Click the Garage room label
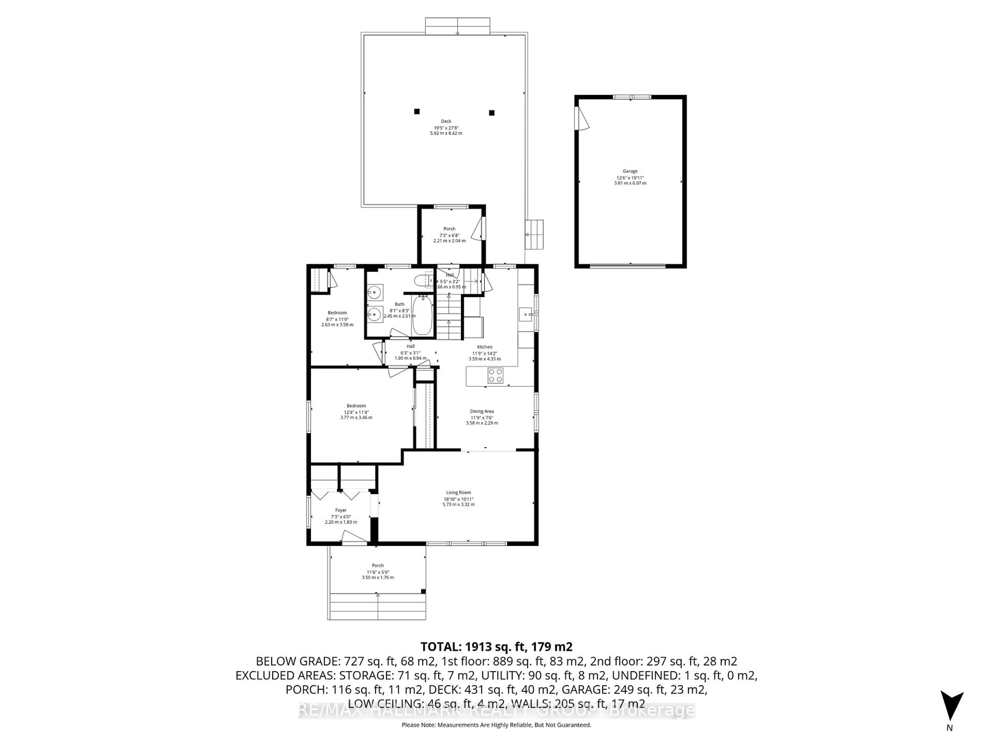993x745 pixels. coord(630,171)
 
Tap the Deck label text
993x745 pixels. coord(446,121)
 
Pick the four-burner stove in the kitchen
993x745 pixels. coord(496,375)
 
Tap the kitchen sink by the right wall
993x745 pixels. coord(525,314)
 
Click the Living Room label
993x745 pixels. coord(458,493)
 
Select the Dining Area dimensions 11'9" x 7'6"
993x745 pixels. coord(482,418)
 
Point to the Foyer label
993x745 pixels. coord(341,510)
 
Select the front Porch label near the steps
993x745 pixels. coord(378,566)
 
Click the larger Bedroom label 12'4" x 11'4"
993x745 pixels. coord(356,406)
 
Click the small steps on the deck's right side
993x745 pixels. coord(534,234)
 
